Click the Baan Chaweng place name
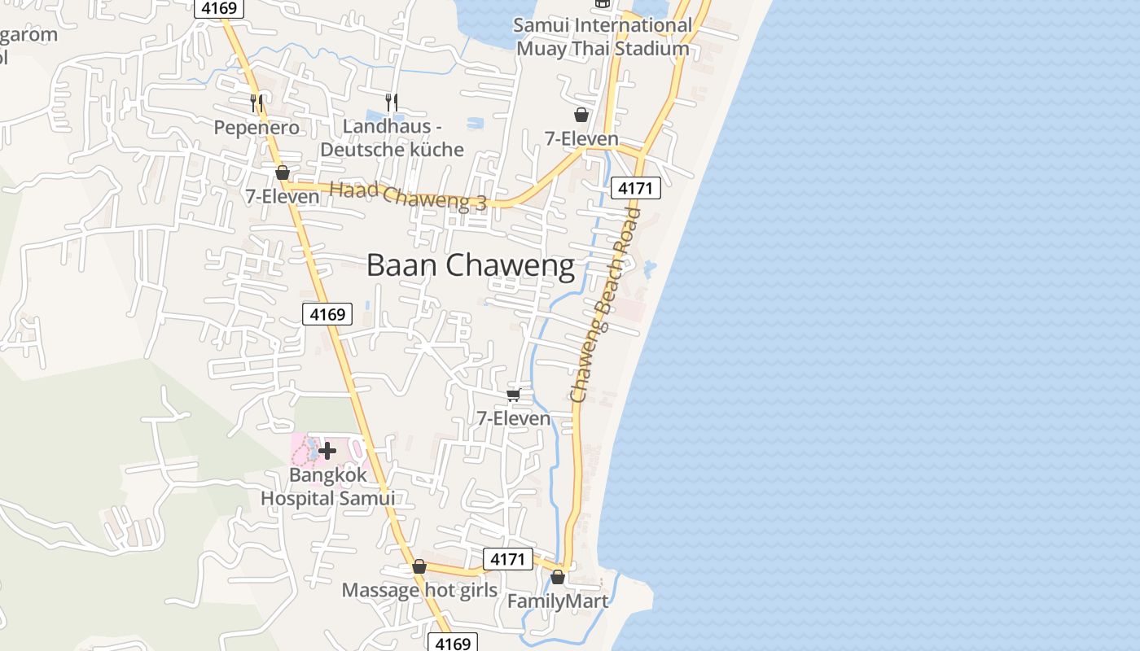(470, 265)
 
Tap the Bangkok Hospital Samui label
(327, 487)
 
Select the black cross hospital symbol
(327, 450)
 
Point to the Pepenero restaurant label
(256, 128)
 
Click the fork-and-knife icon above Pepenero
(256, 103)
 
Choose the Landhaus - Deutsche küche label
(392, 138)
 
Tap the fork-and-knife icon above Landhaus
(392, 102)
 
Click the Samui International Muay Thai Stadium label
(603, 37)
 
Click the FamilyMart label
(557, 601)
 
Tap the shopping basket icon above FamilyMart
(557, 577)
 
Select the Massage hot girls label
(419, 590)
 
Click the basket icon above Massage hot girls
(419, 566)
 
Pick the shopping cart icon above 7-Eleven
(513, 395)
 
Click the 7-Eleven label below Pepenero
(283, 196)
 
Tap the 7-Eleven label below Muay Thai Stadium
(581, 138)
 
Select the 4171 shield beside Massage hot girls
(508, 559)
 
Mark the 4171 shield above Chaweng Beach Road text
(635, 189)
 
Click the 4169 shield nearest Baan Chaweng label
(327, 314)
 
